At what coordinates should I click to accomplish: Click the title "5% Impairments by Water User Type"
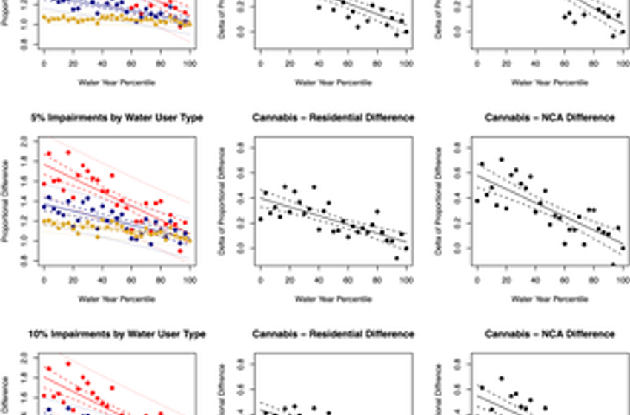[116, 118]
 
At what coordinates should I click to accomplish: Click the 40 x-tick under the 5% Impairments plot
[102, 279]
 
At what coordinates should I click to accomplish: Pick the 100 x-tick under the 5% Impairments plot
[190, 279]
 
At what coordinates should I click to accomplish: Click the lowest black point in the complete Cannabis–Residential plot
[397, 258]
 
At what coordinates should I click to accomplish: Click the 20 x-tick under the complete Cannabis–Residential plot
[289, 279]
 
